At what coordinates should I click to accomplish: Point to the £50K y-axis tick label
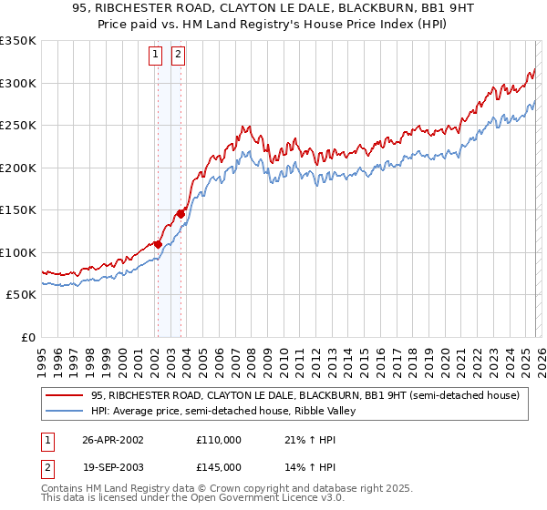click(21, 295)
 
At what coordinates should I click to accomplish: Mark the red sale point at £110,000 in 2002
click(159, 244)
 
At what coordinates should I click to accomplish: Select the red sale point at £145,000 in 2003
click(181, 214)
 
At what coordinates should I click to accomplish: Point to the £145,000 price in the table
click(218, 466)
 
